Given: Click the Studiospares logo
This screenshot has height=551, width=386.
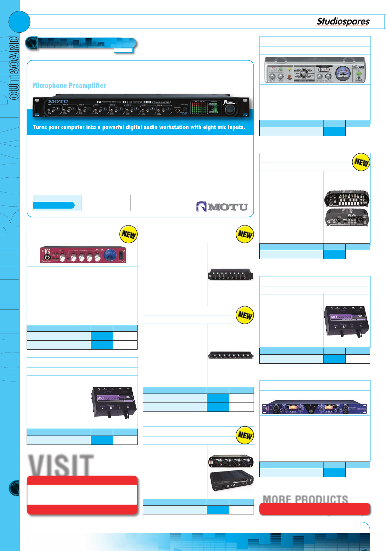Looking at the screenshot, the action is (x=343, y=21).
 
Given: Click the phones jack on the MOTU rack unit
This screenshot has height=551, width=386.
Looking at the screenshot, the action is (x=177, y=111).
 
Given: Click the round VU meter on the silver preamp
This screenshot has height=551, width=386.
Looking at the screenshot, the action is (x=343, y=73).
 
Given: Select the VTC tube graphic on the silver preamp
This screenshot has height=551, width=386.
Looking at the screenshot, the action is (x=323, y=70).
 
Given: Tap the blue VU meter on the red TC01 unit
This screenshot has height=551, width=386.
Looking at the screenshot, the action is (x=110, y=255).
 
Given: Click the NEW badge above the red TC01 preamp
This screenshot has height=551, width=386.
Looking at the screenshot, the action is (x=129, y=234).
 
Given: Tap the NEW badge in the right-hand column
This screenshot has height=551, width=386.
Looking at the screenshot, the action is (x=361, y=162).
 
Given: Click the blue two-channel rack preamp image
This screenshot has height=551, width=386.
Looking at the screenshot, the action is (x=315, y=407).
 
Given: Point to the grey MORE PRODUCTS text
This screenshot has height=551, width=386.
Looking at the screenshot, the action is (x=305, y=499).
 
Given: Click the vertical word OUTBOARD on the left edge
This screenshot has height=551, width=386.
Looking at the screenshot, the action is (x=14, y=68).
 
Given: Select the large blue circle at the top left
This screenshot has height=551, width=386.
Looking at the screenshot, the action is (x=19, y=22).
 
